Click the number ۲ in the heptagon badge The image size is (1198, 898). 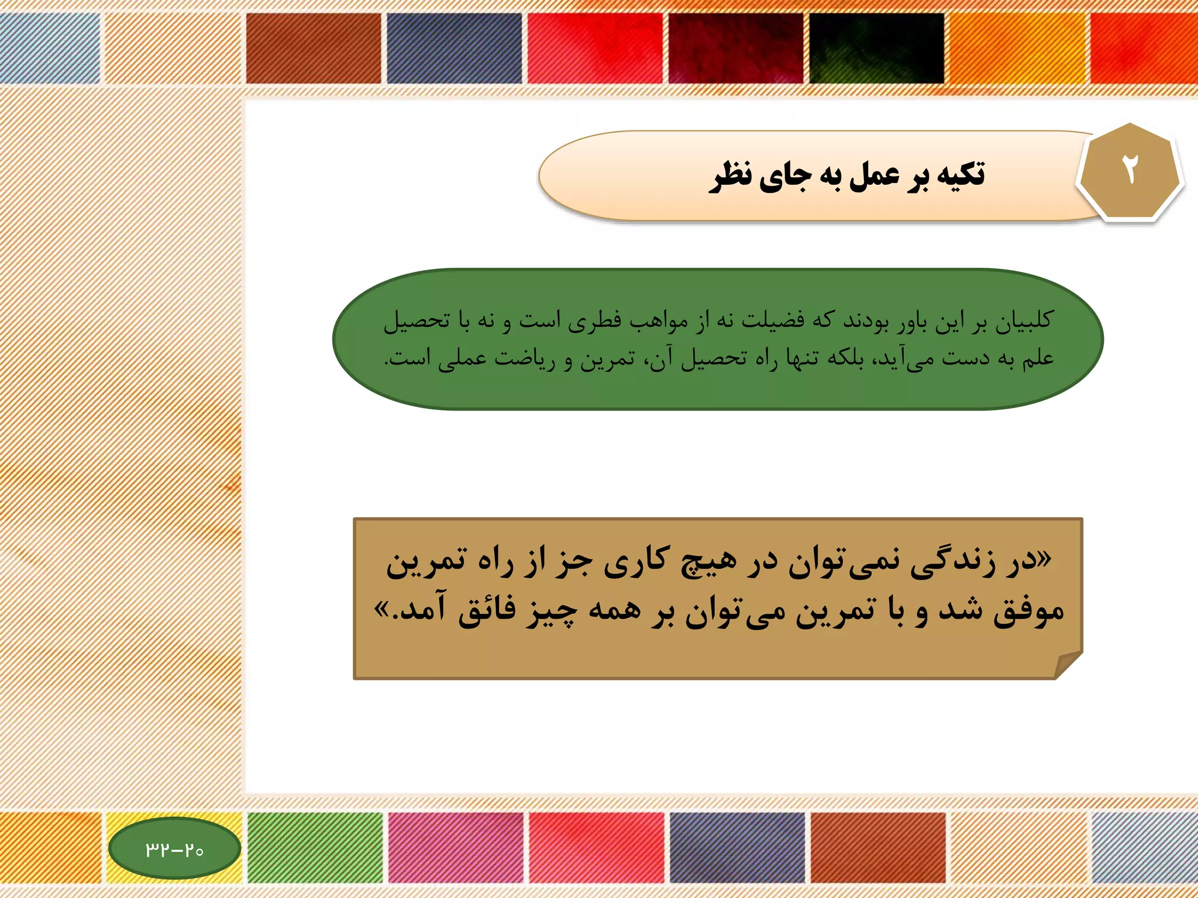click(x=1130, y=171)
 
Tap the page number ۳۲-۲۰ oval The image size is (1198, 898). click(x=174, y=848)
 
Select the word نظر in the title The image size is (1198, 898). click(x=731, y=176)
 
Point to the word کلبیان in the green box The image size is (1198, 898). click(x=1024, y=321)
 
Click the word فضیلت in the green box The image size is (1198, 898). click(x=773, y=321)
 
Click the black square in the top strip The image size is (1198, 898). click(x=876, y=48)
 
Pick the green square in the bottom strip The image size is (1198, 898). click(x=315, y=847)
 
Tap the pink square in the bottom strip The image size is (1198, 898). click(x=456, y=847)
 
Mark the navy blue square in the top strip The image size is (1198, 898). click(x=454, y=48)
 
